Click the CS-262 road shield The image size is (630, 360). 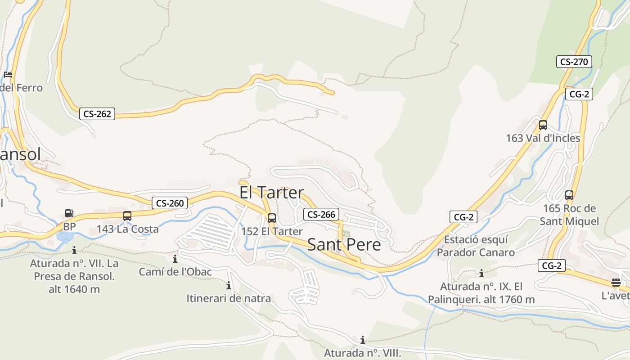coord(97,114)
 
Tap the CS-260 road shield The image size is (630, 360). coord(169,203)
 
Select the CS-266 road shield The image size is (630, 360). coord(321,215)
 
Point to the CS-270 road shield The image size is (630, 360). coord(574,62)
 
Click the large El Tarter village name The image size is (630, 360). coord(271,193)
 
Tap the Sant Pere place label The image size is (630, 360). coord(344,245)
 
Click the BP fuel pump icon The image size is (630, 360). coord(69,213)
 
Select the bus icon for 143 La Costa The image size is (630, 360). coord(127,216)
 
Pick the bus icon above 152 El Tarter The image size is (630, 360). coord(271,218)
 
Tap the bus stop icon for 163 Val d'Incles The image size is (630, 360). coord(543,125)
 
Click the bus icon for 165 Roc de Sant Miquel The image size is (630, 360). coord(569,195)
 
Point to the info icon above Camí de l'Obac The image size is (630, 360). coord(175,259)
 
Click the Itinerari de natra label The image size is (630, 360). coord(229,298)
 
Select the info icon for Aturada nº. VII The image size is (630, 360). coord(74,250)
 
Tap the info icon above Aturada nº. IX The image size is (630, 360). coord(481,273)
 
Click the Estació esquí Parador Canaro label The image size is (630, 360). coord(476,246)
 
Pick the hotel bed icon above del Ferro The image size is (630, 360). coord(8,75)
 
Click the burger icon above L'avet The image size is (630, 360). coord(616,283)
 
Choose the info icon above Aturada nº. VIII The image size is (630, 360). coord(362,340)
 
